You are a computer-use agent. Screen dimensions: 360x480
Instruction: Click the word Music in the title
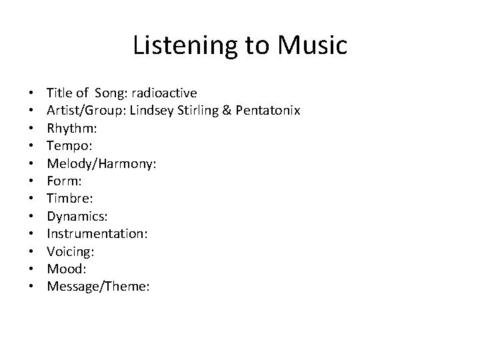tap(313, 45)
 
